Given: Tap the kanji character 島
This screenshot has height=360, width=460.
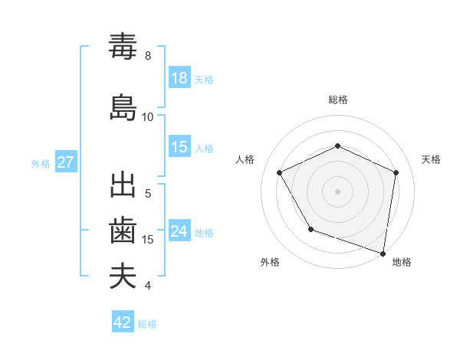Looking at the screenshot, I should click(x=123, y=106).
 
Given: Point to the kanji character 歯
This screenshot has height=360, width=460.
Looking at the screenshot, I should click(x=123, y=231).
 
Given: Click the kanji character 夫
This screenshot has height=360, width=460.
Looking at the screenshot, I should click(x=123, y=277).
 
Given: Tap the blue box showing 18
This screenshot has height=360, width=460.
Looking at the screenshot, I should click(x=179, y=78).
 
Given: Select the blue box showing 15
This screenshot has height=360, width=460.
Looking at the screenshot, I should click(x=179, y=147).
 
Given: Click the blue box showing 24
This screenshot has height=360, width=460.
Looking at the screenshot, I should click(x=179, y=231).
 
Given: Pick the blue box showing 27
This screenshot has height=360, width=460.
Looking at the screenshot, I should click(x=65, y=162).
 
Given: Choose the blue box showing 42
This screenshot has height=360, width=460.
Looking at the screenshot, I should click(x=123, y=322).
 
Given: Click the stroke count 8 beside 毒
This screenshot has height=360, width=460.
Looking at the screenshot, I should click(x=148, y=56).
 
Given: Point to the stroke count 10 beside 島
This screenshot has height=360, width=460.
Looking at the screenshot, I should click(x=148, y=117).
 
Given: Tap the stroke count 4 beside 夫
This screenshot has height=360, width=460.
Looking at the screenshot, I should click(x=148, y=286).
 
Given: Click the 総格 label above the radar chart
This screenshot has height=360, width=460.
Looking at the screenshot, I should click(x=337, y=100).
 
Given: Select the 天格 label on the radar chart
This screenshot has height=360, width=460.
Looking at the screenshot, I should click(x=431, y=159).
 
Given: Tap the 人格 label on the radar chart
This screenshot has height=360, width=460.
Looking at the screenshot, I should click(x=245, y=159).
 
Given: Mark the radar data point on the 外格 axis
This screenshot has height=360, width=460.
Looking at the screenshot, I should click(x=310, y=229).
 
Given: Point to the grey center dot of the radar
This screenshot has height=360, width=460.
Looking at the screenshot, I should click(x=337, y=191).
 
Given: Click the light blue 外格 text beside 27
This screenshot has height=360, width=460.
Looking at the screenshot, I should click(x=41, y=163).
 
